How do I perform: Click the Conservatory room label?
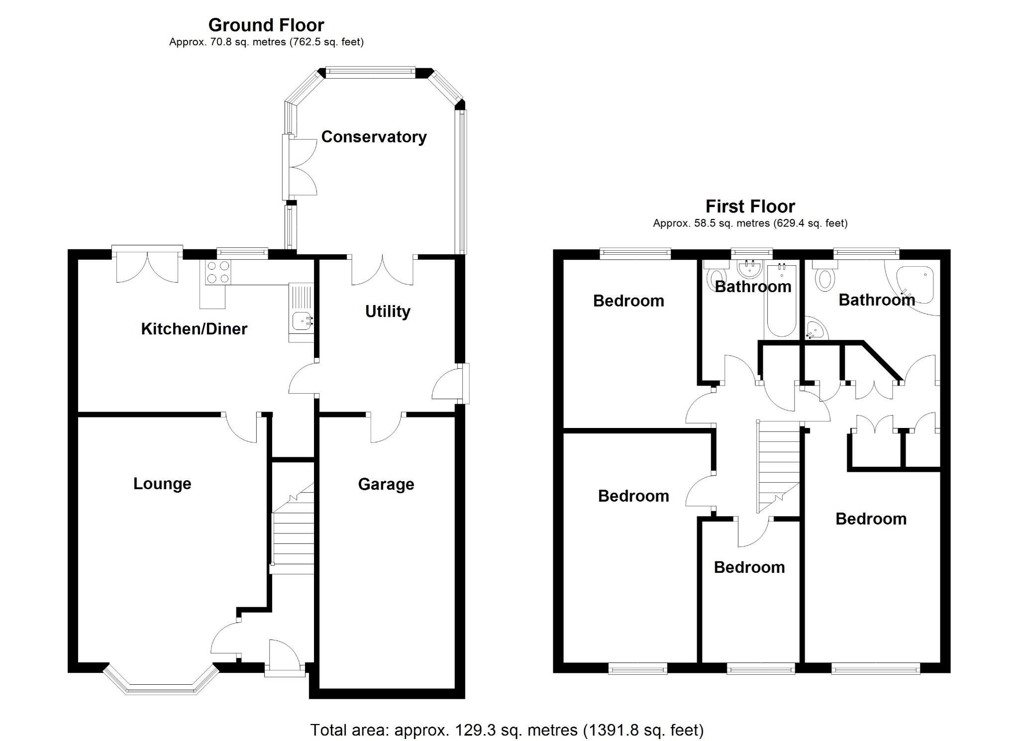coord(374,137)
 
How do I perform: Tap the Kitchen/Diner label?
coord(194,328)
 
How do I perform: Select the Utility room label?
coord(388,312)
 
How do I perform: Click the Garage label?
coord(386,484)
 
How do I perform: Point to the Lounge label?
coord(162,484)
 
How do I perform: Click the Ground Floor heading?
coord(266,25)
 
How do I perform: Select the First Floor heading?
coord(750,206)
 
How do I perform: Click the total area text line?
coord(507,730)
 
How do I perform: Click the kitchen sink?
coord(302,320)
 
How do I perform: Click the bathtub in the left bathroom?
coord(782,301)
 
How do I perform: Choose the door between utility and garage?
coord(386,427)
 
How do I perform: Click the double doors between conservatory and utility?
coord(382,271)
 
